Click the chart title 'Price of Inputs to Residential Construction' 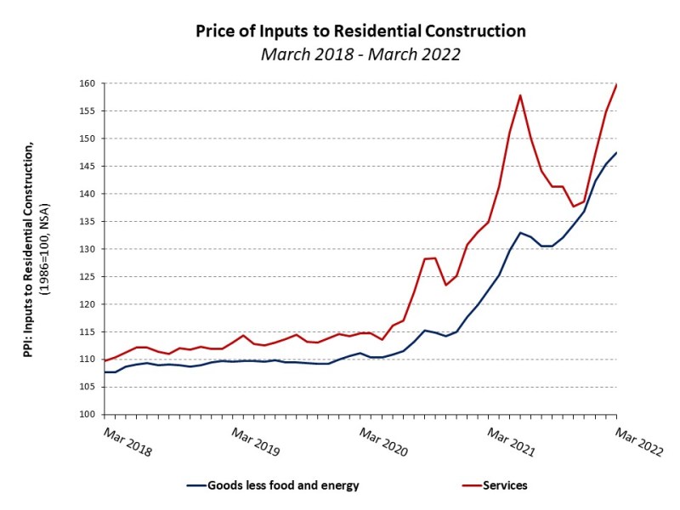(x=360, y=31)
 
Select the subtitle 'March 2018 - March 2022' (x=360, y=54)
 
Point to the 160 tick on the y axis (x=87, y=83)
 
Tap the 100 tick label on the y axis (x=87, y=415)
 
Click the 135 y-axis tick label (x=87, y=222)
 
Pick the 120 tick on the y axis (x=87, y=304)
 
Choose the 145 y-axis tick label (x=87, y=166)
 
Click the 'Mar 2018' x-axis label (x=127, y=442)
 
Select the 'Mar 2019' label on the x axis (x=256, y=442)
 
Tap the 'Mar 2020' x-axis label (x=383, y=442)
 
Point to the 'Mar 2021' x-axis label (x=511, y=442)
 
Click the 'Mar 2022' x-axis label (x=639, y=442)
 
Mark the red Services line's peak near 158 (x=520, y=95)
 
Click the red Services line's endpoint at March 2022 (x=616, y=84)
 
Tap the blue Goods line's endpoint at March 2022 (x=616, y=153)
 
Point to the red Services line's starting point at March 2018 (x=105, y=360)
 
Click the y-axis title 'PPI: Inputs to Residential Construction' (x=29, y=249)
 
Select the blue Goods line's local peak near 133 (x=520, y=232)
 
